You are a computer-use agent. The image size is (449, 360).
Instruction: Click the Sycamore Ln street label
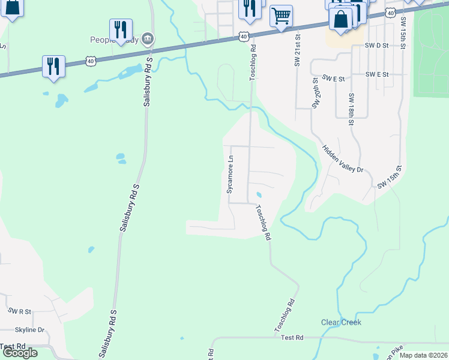pos(229,174)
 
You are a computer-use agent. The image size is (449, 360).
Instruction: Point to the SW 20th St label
pos(315,92)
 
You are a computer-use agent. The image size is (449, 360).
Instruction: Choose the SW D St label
pos(378,46)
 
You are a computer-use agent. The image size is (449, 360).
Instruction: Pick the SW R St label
pos(21,311)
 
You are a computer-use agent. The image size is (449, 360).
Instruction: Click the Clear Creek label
pos(342,322)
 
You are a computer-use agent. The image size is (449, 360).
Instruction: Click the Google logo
pos(19,353)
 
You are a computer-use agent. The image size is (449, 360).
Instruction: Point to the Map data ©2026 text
pos(423,355)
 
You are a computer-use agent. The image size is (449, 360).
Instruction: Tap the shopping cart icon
pos(281,16)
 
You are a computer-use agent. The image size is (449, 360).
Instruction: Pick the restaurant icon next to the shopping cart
pos(249,8)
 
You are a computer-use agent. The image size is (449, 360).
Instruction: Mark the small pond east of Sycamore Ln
pos(259,195)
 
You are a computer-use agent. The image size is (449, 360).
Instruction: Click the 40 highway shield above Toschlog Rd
pos(243,36)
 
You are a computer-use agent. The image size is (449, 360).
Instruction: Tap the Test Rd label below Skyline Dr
pos(13,347)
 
